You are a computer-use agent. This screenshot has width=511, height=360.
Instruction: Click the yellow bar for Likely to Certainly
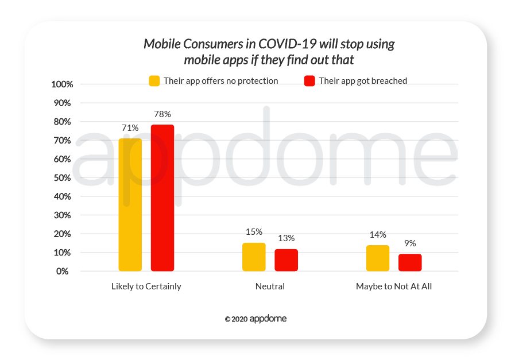click(130, 204)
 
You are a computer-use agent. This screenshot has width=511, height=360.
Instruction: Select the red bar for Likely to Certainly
click(162, 198)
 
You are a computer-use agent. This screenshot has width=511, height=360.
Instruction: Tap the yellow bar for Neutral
click(254, 257)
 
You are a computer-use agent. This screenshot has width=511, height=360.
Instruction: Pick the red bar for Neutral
click(286, 260)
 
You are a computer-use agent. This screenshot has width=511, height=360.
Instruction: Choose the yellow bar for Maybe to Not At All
click(378, 258)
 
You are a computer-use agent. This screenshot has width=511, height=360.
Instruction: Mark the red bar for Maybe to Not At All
click(410, 262)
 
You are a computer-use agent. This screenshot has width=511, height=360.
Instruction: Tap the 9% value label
click(410, 243)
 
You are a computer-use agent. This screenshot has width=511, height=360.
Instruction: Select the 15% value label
click(254, 232)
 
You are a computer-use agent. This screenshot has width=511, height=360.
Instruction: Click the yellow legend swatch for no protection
click(154, 81)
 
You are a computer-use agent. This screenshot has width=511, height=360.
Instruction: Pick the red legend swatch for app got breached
click(309, 81)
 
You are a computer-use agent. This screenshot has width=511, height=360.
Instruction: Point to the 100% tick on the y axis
click(62, 84)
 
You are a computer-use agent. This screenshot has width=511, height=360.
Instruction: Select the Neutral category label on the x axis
click(270, 286)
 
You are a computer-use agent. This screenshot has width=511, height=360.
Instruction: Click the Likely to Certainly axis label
click(146, 286)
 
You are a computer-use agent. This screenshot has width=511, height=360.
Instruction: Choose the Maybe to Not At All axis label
click(394, 286)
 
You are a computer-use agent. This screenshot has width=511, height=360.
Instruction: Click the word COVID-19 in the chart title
click(290, 44)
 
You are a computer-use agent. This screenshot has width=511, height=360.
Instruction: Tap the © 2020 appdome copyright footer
click(255, 319)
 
